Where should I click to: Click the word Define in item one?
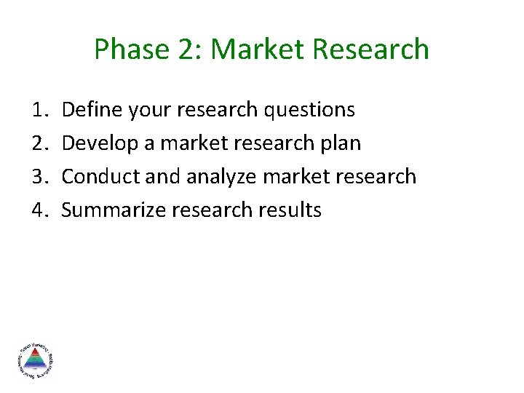pos(92,110)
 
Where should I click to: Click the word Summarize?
pos(113,210)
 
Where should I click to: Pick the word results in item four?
pos(293,210)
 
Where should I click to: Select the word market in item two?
pos(191,143)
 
